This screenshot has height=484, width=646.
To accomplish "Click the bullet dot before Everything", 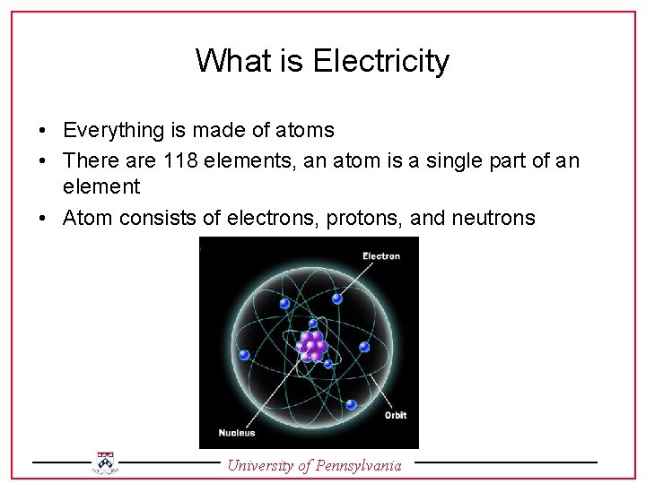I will pyautogui.click(x=43, y=131).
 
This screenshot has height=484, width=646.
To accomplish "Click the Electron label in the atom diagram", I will pyautogui.click(x=381, y=256).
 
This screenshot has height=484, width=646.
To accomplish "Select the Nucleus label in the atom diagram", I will pyautogui.click(x=236, y=433).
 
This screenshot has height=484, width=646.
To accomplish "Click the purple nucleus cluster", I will pyautogui.click(x=312, y=345).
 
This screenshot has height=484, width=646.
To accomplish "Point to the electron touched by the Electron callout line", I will pyautogui.click(x=338, y=298).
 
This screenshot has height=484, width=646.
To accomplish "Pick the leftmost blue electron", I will pyautogui.click(x=284, y=304).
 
